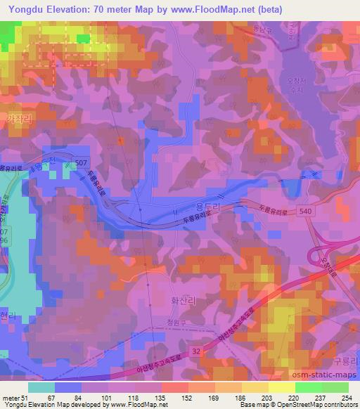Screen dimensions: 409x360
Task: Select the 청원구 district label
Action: coord(185,323)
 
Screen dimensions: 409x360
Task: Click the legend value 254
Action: coord(347,398)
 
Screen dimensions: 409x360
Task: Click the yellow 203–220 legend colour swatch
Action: coord(281,388)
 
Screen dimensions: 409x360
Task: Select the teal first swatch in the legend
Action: coord(41,388)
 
